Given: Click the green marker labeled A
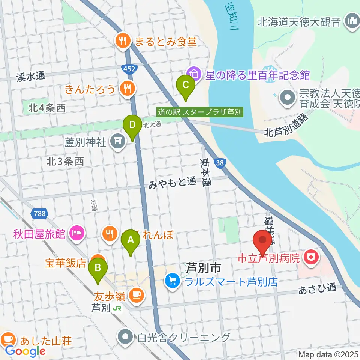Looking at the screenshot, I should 130,240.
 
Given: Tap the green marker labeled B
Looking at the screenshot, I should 98,268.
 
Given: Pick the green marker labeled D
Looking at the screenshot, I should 132,125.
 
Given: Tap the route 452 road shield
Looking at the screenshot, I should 130,68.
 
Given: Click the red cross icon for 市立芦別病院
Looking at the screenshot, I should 311,258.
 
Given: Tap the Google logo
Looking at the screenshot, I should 25,351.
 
